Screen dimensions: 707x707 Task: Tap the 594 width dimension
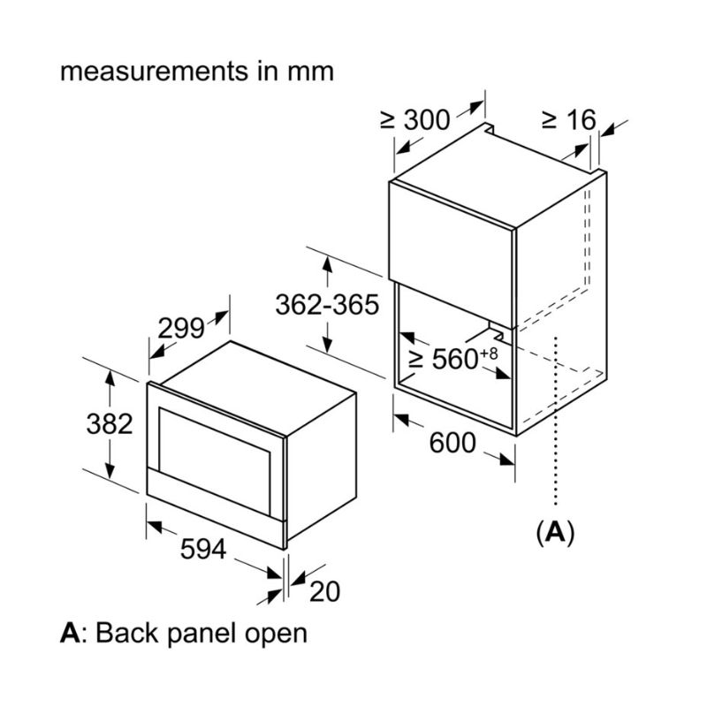tap(203, 549)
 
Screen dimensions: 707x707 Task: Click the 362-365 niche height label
tap(327, 305)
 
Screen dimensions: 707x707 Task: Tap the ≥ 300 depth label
tap(415, 119)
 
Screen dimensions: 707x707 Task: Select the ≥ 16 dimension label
tap(569, 119)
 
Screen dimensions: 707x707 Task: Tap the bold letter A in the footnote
tap(69, 633)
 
